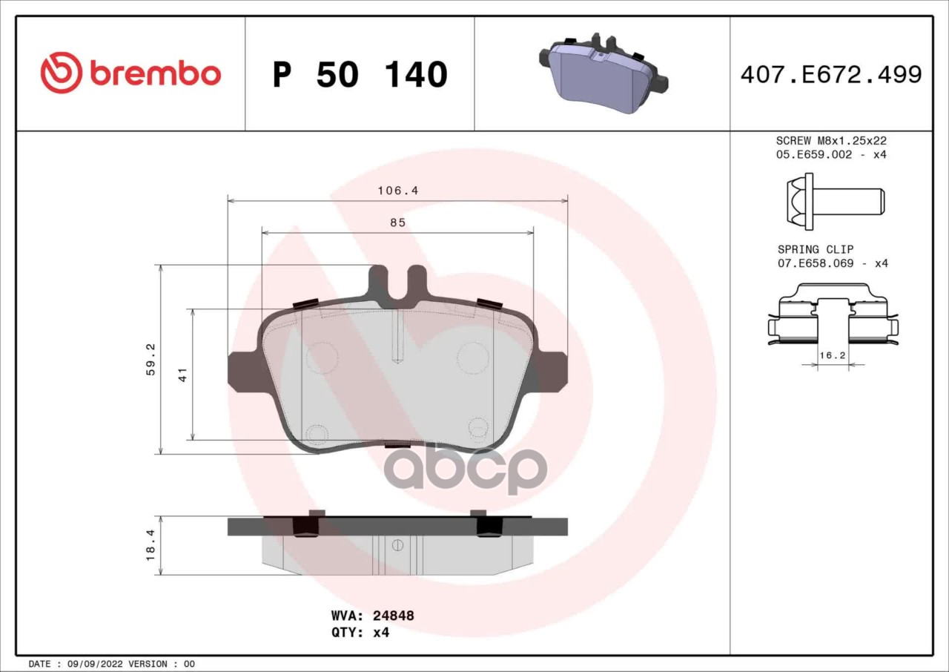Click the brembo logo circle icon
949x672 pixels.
(61, 73)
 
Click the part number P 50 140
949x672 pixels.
(360, 75)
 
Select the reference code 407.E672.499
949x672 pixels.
(830, 75)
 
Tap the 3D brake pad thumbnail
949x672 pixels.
(603, 73)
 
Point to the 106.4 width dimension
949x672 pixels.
(398, 191)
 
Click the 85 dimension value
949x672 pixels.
(398, 223)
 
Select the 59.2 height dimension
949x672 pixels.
(151, 359)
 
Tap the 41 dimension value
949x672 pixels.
(183, 374)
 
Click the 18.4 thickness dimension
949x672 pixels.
(151, 545)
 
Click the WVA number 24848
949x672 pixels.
(393, 616)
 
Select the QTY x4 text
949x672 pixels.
(360, 633)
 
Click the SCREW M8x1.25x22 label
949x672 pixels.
(831, 140)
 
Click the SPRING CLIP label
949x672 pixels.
(816, 249)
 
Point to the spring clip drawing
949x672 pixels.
(832, 315)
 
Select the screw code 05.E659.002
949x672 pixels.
(814, 154)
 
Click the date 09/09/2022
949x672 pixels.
(96, 664)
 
